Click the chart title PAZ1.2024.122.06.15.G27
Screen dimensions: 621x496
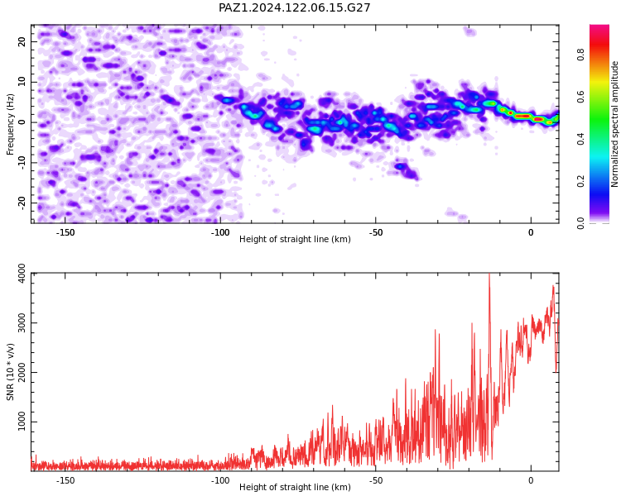point(294,7)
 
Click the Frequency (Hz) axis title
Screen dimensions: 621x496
point(10,124)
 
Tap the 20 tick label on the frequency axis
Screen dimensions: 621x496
point(22,41)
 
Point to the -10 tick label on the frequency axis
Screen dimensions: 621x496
point(22,162)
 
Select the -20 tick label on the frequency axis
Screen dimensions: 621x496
point(22,203)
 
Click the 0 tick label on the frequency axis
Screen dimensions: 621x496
point(22,122)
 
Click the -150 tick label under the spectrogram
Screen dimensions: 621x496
point(65,232)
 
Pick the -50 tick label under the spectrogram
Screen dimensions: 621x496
point(375,232)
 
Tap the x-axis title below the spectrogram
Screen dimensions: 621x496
point(295,239)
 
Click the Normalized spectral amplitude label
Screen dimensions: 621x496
point(614,124)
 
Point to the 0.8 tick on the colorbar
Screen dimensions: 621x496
point(580,55)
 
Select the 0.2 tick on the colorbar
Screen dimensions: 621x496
point(580,181)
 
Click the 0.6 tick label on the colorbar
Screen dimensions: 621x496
point(580,97)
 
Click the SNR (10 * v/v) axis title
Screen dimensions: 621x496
point(10,372)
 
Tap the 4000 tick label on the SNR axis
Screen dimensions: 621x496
point(22,274)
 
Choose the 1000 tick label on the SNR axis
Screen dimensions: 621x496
point(22,422)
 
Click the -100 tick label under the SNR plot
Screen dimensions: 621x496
point(220,480)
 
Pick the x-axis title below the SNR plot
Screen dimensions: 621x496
point(295,487)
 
